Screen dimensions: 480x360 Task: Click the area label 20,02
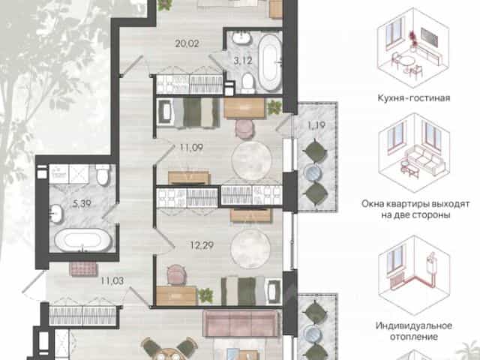(187, 43)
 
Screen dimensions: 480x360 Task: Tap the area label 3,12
(243, 61)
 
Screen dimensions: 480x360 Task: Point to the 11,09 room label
(191, 148)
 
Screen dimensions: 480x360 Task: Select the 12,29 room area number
(202, 245)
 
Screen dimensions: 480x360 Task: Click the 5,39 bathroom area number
(82, 203)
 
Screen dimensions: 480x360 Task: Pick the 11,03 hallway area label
(112, 280)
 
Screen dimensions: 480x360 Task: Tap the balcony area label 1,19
(316, 125)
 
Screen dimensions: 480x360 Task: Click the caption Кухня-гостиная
(413, 98)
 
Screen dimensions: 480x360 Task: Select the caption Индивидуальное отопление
(413, 331)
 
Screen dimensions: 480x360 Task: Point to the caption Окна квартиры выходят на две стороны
(415, 209)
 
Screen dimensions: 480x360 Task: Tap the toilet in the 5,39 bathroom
(102, 175)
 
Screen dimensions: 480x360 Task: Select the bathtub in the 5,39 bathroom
(83, 240)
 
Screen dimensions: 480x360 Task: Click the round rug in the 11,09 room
(252, 160)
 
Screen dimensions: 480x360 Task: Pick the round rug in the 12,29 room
(250, 248)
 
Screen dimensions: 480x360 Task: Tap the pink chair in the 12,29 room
(177, 274)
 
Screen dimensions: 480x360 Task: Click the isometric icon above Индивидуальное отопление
(413, 275)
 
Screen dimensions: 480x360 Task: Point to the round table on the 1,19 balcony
(313, 173)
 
